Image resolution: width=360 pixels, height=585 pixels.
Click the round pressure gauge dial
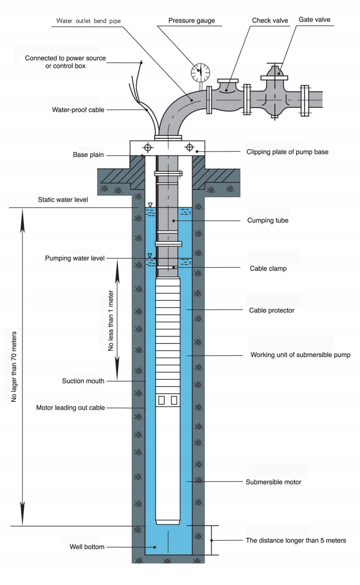[201, 72]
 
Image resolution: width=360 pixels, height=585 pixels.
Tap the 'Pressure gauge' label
[192, 21]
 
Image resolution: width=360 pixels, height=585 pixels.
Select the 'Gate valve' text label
[314, 20]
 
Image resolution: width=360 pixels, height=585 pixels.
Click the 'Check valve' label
[270, 20]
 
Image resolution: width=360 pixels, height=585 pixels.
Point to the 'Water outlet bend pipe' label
[88, 21]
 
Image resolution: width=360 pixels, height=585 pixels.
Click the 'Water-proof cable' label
[78, 110]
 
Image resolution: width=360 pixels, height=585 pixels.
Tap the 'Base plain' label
[88, 155]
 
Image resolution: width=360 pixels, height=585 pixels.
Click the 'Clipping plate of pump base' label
[287, 152]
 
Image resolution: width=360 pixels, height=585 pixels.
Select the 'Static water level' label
[63, 200]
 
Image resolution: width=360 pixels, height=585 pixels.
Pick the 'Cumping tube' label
[268, 220]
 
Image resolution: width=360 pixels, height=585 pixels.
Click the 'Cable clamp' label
[268, 268]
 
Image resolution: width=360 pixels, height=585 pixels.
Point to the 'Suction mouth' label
[83, 381]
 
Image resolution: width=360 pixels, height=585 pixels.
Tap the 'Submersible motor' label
[273, 482]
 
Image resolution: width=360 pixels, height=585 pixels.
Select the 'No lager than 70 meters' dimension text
[14, 367]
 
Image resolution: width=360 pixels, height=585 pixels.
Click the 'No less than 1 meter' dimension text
[111, 321]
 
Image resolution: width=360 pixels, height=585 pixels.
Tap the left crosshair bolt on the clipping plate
[148, 148]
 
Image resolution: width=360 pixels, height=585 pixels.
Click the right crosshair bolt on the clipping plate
[189, 148]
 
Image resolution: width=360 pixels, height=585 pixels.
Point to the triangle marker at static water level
[150, 205]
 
